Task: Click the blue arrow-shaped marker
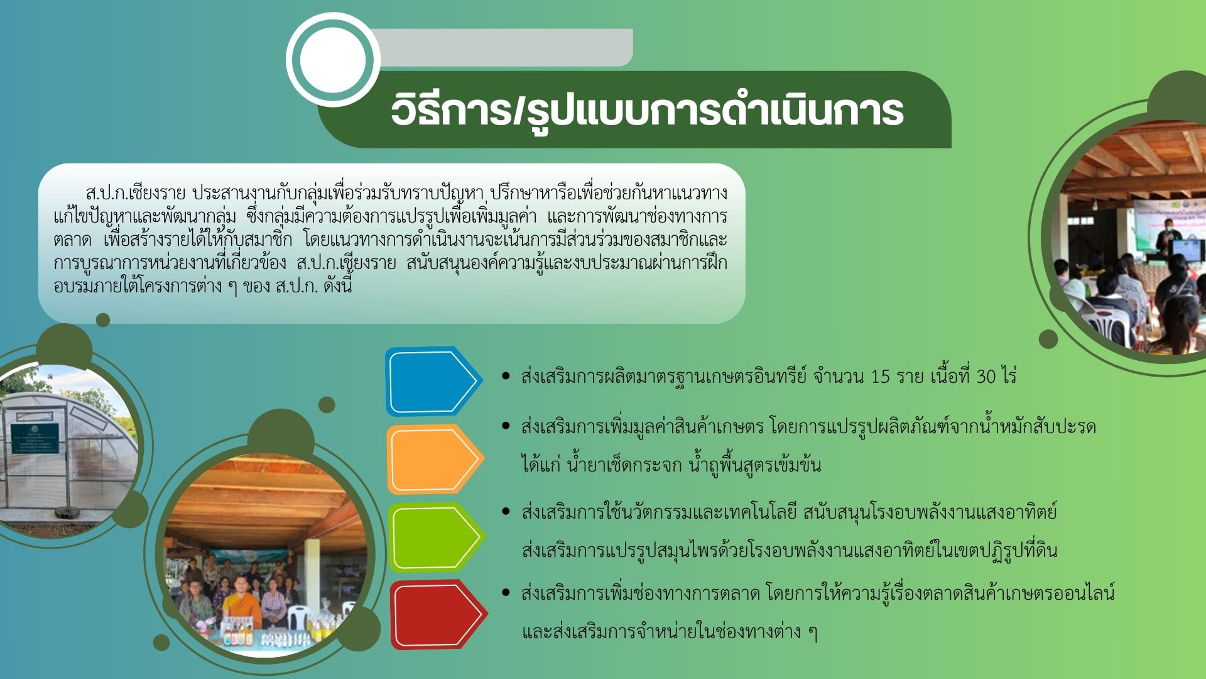pos(433,381)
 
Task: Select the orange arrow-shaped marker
pos(435,459)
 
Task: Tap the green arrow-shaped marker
pos(436,537)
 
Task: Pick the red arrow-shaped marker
pos(438,615)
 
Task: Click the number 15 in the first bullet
pos(881,377)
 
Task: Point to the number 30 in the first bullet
pos(986,377)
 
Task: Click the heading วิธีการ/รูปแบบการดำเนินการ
pos(647,111)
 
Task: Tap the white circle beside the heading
pos(333,60)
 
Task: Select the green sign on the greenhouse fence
pos(35,438)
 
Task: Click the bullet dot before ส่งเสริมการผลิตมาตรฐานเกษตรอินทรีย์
pos(506,376)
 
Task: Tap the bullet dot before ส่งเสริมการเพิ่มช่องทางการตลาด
pos(506,592)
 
